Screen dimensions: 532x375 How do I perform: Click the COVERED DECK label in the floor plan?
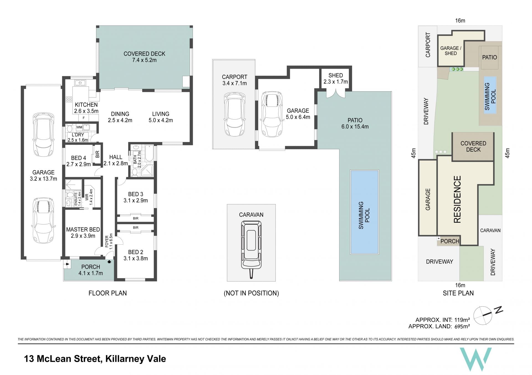[x=144, y=54]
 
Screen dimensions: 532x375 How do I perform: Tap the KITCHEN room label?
[x=86, y=105]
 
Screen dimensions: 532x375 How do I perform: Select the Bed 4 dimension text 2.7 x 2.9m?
[x=79, y=164]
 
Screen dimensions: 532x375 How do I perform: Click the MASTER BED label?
[x=83, y=229]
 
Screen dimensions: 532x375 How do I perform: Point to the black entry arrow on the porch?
[x=109, y=262]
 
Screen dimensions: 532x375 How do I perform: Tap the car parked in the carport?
[x=234, y=114]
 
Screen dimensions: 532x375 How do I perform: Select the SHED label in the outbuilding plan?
[x=336, y=75]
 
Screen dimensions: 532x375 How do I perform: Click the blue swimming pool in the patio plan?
[x=364, y=212]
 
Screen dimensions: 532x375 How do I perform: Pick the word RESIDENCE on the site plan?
[x=457, y=199]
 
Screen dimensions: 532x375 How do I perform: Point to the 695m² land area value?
[x=462, y=326]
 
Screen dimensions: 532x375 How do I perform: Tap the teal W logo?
[x=475, y=359]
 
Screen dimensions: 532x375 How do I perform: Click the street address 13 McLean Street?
[x=62, y=359]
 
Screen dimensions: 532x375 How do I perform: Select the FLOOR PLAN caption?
[x=108, y=293]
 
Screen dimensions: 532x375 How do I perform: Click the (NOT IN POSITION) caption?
[x=251, y=293]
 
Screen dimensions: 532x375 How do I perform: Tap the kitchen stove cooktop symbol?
[x=69, y=100]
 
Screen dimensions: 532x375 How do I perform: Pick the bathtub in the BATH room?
[x=149, y=154]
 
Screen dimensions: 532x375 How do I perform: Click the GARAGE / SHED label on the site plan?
[x=451, y=51]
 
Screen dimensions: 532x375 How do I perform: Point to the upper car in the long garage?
[x=44, y=135]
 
